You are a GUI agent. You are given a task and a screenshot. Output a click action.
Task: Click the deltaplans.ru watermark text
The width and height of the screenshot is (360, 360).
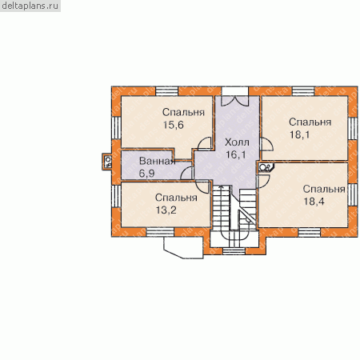30,6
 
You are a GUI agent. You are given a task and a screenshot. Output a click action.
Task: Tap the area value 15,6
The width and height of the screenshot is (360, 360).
174,125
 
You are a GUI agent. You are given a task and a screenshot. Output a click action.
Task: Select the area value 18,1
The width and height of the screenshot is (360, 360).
300,134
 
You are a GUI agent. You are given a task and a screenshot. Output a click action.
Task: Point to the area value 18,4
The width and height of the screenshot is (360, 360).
314,202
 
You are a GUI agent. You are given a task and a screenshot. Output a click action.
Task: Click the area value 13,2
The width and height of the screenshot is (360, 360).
166,210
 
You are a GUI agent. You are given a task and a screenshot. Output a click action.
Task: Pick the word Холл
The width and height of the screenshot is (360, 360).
237,142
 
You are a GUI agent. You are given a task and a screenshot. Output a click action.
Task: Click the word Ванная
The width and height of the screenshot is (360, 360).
158,161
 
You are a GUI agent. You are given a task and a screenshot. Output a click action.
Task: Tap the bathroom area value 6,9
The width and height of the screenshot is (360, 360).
146,174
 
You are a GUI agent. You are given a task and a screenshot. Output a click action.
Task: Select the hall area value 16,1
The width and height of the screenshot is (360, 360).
236,154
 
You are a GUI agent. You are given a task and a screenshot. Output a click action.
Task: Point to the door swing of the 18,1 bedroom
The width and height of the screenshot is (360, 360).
266,144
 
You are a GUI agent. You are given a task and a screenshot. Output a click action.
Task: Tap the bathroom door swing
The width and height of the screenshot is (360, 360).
186,173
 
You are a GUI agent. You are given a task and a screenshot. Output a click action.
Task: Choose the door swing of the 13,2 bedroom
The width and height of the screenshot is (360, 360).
202,186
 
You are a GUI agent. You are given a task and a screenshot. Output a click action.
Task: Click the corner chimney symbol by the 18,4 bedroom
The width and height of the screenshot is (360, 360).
266,167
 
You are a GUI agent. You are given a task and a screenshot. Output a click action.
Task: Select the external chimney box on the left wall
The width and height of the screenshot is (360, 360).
107,162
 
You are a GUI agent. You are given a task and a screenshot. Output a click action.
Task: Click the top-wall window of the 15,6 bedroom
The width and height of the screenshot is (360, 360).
166,91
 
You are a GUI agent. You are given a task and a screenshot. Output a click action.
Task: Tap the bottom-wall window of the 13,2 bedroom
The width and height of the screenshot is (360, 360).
160,232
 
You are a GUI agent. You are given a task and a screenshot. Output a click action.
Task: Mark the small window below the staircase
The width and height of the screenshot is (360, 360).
234,251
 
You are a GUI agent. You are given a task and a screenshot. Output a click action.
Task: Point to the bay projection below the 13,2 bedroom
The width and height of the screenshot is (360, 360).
183,248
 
